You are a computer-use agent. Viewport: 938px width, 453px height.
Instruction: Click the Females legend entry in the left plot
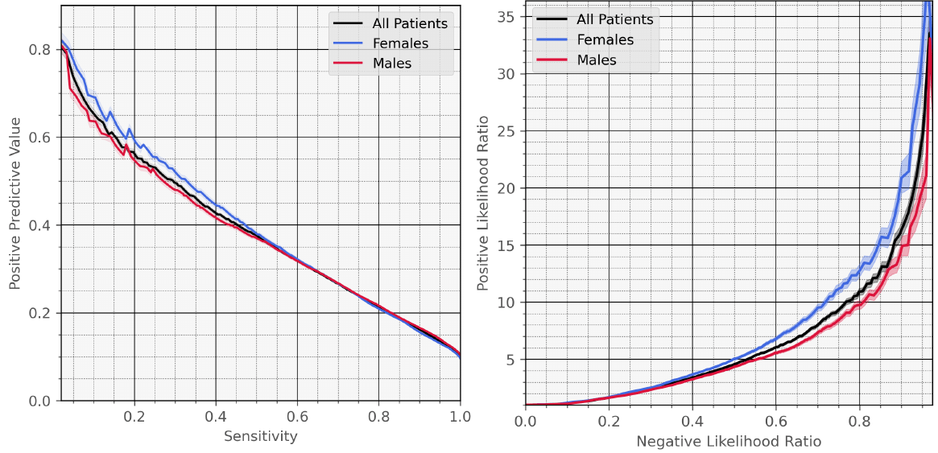click(x=399, y=43)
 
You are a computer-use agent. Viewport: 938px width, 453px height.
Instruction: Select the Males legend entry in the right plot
click(x=597, y=60)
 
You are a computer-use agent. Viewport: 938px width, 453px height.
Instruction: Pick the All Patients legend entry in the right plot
click(x=614, y=19)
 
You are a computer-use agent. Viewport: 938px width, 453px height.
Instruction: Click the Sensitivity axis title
click(x=261, y=437)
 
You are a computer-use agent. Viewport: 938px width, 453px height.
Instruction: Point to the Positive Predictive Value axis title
click(x=14, y=204)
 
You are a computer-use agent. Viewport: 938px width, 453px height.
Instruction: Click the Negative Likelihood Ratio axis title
click(x=729, y=441)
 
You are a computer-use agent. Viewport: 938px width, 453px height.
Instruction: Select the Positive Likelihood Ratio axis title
click(x=483, y=204)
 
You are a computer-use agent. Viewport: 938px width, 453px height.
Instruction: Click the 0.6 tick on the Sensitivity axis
click(x=297, y=417)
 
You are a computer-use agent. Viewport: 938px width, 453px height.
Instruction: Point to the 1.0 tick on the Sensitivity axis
click(x=460, y=417)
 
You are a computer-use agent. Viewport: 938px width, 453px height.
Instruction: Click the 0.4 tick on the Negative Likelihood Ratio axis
click(x=692, y=420)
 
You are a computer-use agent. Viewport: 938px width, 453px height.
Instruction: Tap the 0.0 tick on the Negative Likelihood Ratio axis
click(x=525, y=420)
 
